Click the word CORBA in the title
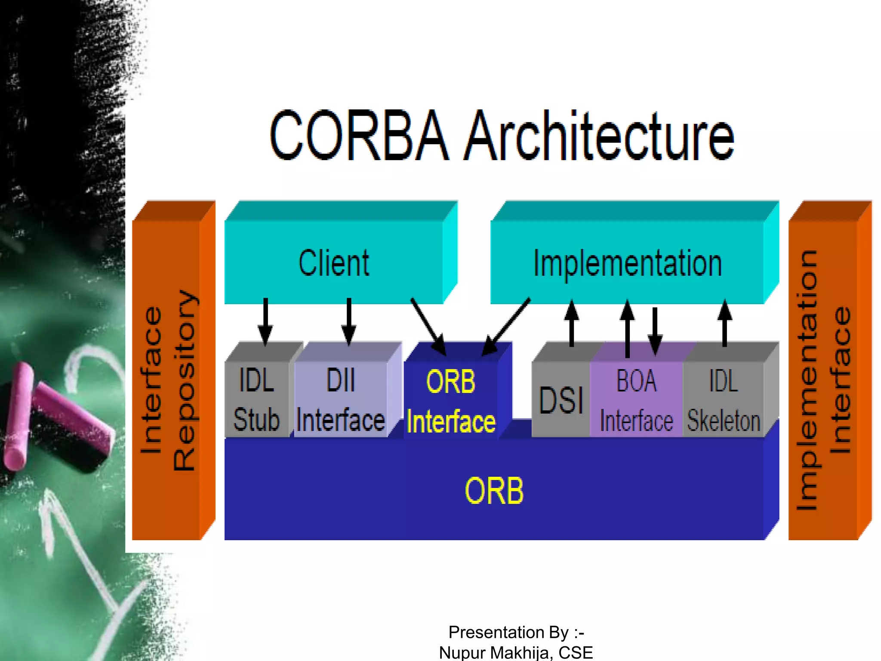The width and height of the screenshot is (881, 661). (x=359, y=136)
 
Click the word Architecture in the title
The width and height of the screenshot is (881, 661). (x=600, y=136)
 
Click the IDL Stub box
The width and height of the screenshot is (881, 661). (x=257, y=399)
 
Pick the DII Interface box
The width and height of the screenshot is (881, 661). (x=341, y=399)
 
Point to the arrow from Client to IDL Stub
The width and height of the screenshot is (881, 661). (x=265, y=322)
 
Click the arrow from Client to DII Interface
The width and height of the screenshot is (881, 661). (x=349, y=322)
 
